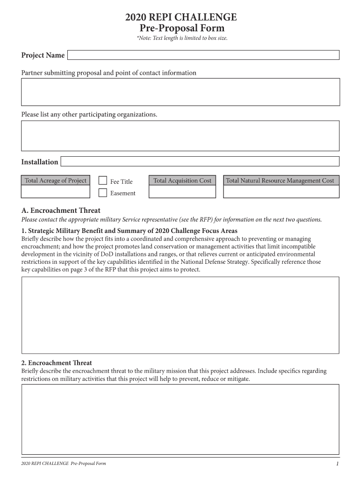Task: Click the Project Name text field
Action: (203, 56)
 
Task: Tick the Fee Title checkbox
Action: (103, 181)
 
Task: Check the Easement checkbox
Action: (103, 193)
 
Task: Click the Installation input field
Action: (200, 162)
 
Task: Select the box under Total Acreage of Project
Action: (55, 192)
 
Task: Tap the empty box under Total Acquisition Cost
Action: (182, 192)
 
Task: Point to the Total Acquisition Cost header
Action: (182, 181)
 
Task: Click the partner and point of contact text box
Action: (180, 92)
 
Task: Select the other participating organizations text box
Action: (180, 136)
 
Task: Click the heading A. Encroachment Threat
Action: (61, 210)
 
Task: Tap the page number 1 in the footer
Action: (337, 464)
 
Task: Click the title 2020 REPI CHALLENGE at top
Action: (180, 18)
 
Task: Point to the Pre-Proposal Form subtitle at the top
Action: (180, 29)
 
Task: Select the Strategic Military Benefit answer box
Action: (180, 315)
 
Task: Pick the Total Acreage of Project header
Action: (55, 181)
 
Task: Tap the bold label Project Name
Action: (43, 56)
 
